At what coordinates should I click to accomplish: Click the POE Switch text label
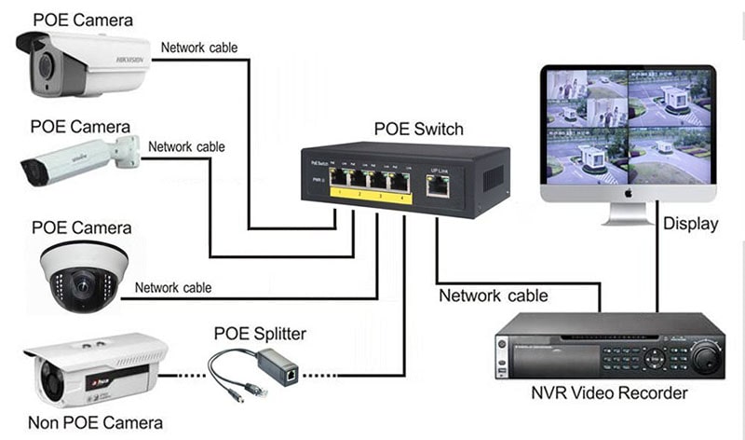[x=417, y=129]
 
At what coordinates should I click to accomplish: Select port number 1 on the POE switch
[x=337, y=182]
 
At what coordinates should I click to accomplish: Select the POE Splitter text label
[x=260, y=334]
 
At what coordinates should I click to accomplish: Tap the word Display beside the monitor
[x=690, y=224]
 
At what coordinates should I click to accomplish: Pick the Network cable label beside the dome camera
[x=173, y=288]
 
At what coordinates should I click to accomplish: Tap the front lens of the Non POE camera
[x=51, y=378]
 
